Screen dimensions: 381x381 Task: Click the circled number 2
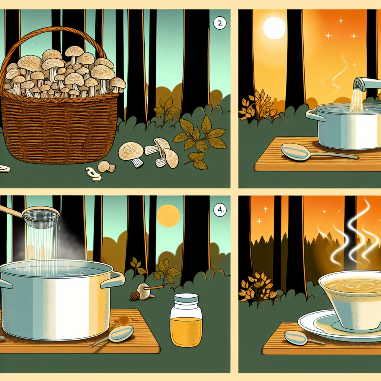[220, 23]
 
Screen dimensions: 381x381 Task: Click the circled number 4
[220, 210]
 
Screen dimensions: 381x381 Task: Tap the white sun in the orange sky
[274, 28]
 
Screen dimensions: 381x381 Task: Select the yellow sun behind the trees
[168, 215]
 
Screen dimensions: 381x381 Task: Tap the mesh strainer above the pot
[41, 217]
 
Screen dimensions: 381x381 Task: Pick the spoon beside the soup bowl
[304, 338]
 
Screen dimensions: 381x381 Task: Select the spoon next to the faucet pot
[318, 152]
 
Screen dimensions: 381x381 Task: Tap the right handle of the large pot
[113, 279]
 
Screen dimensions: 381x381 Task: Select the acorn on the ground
[135, 296]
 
